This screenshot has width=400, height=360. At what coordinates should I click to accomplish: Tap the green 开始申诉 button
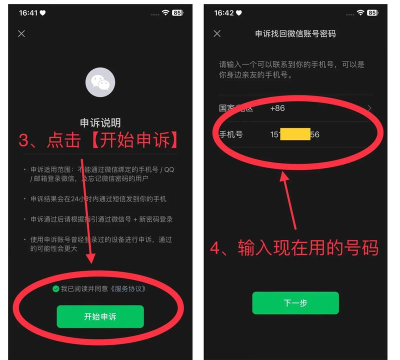(100, 316)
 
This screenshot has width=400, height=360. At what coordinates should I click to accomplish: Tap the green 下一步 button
(295, 303)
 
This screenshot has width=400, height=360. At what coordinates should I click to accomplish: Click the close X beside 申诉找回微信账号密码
(218, 34)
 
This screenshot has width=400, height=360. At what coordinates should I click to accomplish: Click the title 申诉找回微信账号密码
(294, 34)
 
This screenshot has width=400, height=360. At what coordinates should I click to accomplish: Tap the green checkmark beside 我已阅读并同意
(55, 288)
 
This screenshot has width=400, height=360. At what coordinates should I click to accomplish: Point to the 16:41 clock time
(24, 11)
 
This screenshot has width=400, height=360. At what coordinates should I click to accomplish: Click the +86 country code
(278, 107)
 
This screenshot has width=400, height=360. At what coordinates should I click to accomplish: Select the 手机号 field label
(233, 133)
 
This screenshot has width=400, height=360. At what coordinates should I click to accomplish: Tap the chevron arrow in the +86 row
(370, 107)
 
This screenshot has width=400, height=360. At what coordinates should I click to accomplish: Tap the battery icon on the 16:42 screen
(374, 11)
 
